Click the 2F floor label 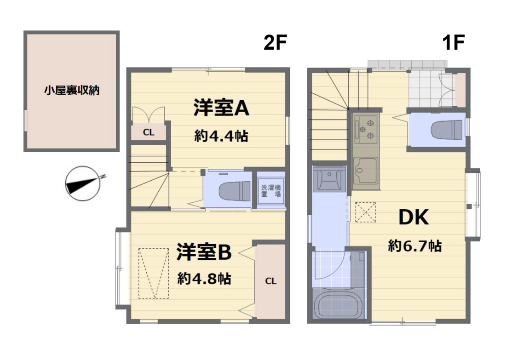tap(275, 43)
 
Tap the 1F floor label tap(454, 43)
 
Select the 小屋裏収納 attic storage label tap(72, 90)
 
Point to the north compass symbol tap(84, 183)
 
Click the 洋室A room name tap(221, 108)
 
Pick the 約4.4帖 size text tap(221, 136)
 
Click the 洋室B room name tap(204, 252)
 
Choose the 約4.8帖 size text tap(204, 278)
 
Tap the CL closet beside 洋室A tap(149, 132)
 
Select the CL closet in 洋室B tap(270, 281)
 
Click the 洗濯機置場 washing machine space tap(271, 191)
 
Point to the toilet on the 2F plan tap(235, 191)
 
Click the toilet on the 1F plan tap(447, 130)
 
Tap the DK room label tap(414, 217)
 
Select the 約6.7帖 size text tap(414, 246)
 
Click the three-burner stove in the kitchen tap(366, 129)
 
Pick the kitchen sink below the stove tap(365, 171)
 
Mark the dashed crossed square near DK tap(366, 212)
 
